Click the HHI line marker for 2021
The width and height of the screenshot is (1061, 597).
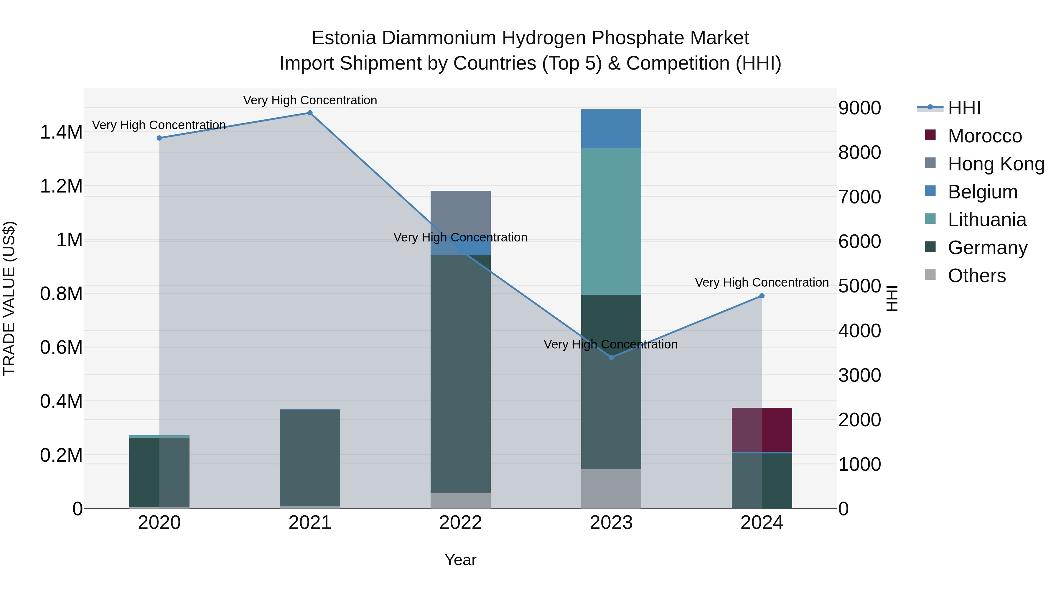pos(310,113)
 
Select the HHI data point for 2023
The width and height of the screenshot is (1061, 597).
pos(611,357)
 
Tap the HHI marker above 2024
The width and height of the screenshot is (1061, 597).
pos(762,296)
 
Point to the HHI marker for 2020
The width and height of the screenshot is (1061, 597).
pos(159,138)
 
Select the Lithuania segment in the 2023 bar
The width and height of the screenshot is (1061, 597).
pos(611,221)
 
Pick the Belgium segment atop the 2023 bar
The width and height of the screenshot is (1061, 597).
pos(611,129)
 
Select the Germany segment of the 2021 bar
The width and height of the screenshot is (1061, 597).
pos(310,457)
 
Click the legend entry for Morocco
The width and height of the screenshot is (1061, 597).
pos(984,136)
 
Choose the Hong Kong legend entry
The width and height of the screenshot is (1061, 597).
pos(996,164)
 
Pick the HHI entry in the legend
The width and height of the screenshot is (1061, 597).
pos(964,108)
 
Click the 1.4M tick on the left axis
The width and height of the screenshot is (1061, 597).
pos(61,132)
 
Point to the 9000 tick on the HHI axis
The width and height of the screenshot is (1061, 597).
pos(860,108)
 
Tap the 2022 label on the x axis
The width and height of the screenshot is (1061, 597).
pos(460,523)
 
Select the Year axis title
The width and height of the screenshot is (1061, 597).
pos(460,560)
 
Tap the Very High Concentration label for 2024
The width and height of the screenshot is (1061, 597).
pos(762,283)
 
